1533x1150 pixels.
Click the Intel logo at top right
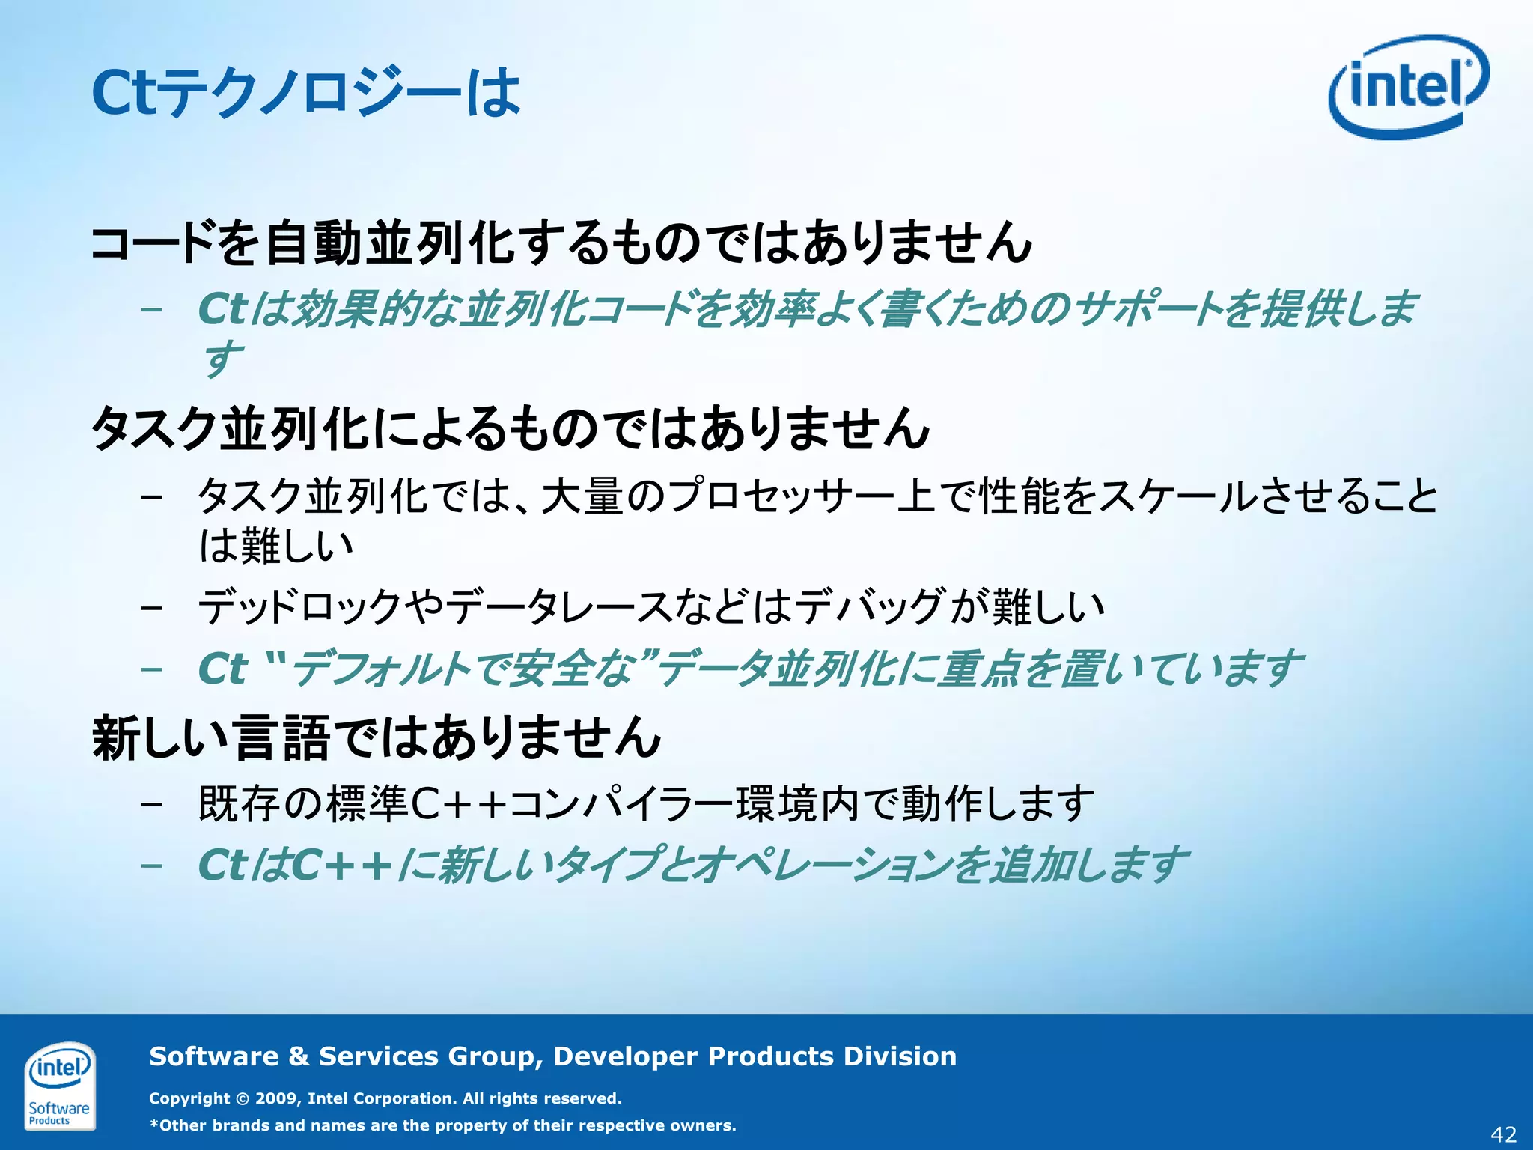(1408, 88)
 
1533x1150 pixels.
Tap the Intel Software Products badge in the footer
(59, 1085)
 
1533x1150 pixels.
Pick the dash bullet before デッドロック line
(152, 607)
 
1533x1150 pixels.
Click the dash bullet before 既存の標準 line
(152, 804)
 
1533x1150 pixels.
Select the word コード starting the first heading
(153, 243)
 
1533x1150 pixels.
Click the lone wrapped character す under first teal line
(222, 359)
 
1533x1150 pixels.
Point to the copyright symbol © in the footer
(242, 1098)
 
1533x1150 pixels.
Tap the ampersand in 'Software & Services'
(298, 1056)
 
